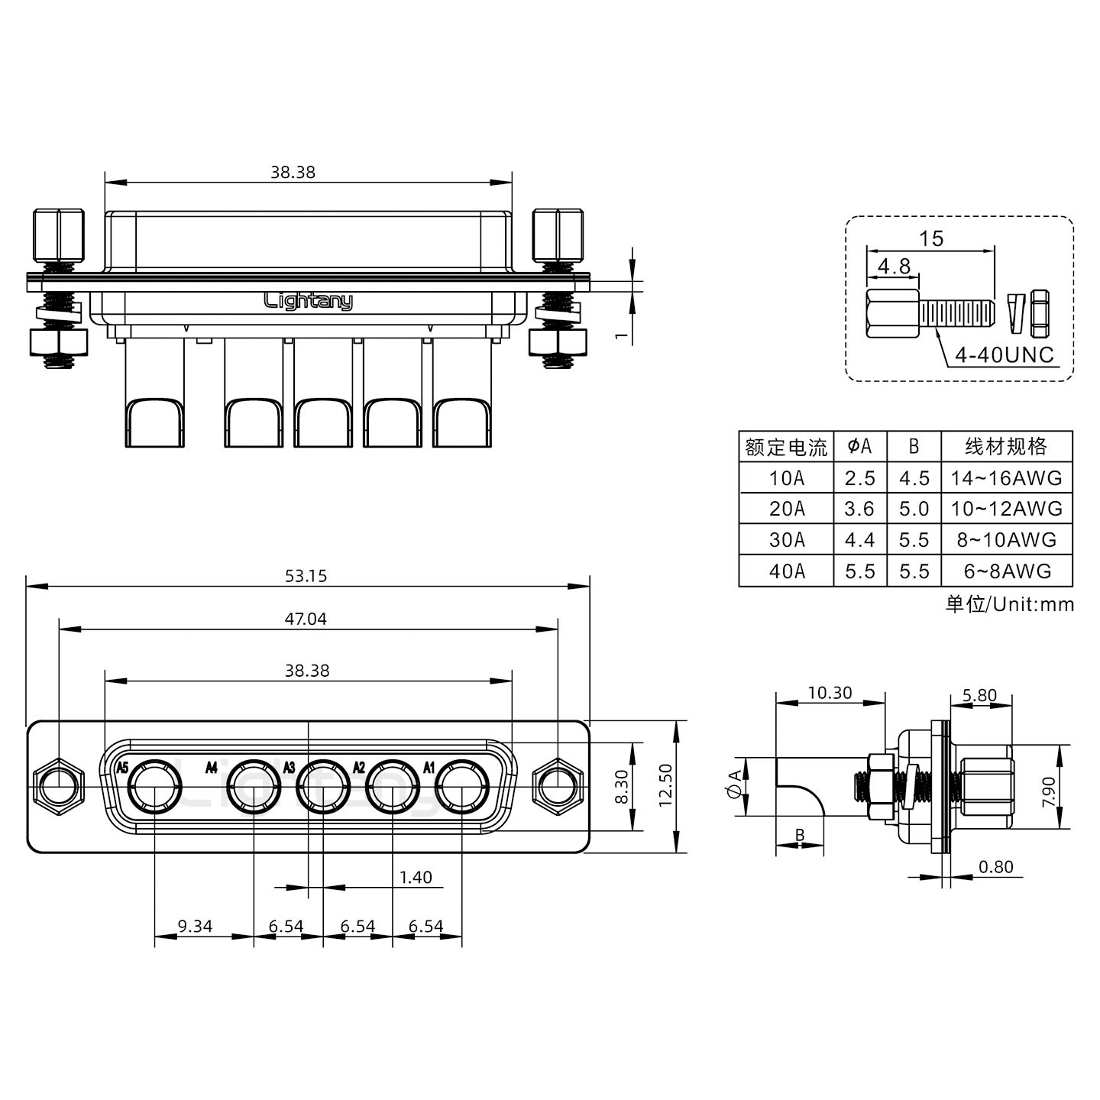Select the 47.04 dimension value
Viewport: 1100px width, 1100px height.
[x=306, y=619]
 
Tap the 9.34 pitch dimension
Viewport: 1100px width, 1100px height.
[x=195, y=926]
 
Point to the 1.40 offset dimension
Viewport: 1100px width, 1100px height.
[x=416, y=877]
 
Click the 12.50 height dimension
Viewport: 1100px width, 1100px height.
[x=666, y=785]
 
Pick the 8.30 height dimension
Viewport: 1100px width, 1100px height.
[x=623, y=786]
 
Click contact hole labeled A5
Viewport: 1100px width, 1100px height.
[x=155, y=786]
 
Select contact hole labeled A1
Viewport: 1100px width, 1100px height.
[x=461, y=786]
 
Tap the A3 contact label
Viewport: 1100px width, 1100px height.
[x=289, y=768]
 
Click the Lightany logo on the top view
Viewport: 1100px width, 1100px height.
[x=309, y=301]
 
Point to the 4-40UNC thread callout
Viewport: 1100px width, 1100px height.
[x=1004, y=355]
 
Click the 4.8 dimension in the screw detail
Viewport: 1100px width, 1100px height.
[x=894, y=266]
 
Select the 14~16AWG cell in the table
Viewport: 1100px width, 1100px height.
[x=1006, y=477]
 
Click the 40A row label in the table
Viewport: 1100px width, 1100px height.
[x=787, y=571]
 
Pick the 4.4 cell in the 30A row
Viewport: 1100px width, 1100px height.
[x=859, y=539]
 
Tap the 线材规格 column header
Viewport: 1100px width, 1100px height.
[x=1006, y=446]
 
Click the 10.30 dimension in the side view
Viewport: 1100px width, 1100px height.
[x=830, y=692]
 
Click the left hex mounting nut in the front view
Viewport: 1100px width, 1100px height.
[x=59, y=786]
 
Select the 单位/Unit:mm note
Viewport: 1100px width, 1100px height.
[x=1009, y=604]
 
